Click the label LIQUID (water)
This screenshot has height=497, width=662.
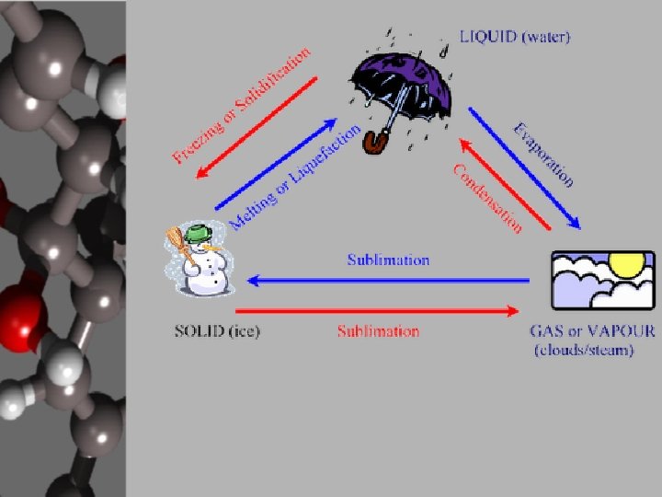coord(515,38)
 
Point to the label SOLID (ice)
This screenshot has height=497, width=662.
coord(217,331)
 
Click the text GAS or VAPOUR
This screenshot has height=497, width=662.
coord(592,332)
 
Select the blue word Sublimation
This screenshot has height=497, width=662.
coord(388,260)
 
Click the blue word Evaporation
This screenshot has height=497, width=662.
coord(543,154)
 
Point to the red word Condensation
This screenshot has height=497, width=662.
coord(487,197)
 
